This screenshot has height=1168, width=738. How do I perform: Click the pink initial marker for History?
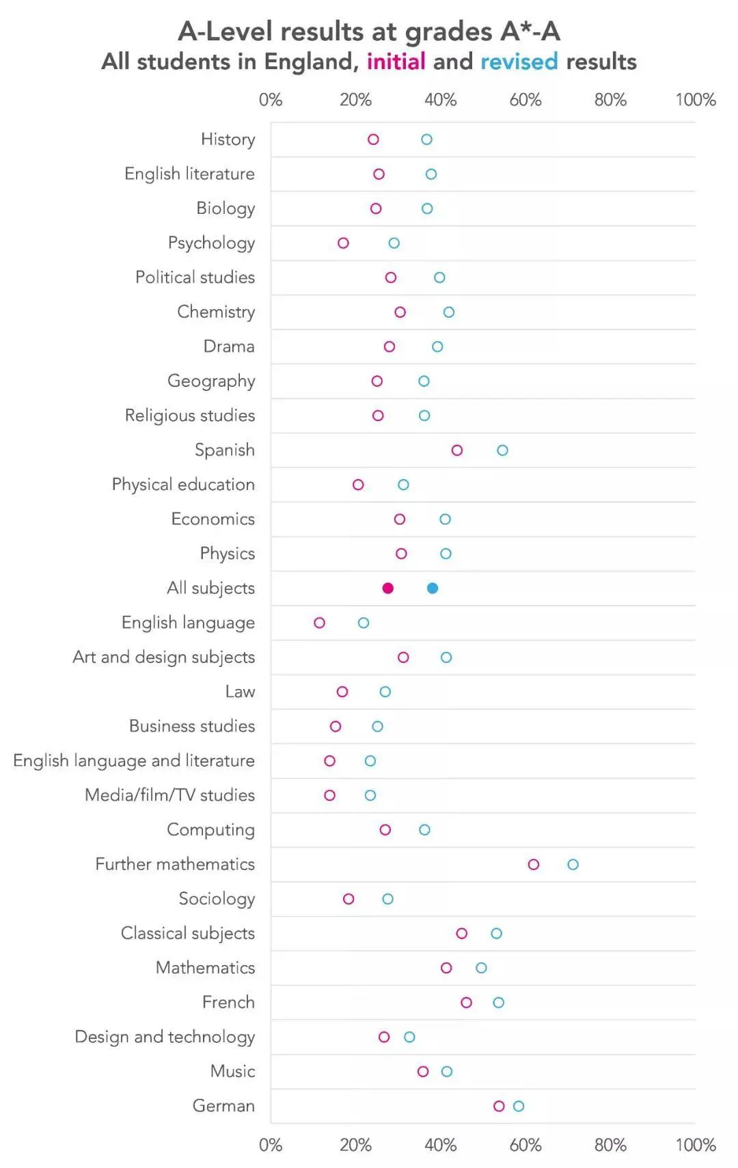pos(373,139)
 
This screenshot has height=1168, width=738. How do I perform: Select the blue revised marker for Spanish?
pos(502,450)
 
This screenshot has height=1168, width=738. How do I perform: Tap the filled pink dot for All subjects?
pos(388,588)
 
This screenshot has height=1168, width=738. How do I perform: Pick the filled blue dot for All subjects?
pos(433,588)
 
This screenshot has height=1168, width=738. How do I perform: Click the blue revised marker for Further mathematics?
pos(573,865)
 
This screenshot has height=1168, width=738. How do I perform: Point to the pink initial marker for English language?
pos(319,623)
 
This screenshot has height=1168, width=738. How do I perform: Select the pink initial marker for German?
pos(499,1106)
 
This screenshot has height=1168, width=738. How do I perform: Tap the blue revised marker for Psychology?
pos(394,243)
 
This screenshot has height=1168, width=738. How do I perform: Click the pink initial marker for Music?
pos(423,1072)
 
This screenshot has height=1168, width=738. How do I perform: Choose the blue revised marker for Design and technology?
pos(409,1037)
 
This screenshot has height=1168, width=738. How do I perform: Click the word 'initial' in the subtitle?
pos(396,62)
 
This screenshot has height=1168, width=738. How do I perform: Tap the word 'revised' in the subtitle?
pos(519,62)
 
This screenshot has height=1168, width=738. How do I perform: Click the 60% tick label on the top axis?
pos(525,100)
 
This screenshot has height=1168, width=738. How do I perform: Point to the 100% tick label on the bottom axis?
pos(696,1145)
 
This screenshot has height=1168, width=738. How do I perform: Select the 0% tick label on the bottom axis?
pos(271,1145)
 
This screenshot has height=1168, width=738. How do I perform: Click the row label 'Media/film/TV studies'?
pos(169,795)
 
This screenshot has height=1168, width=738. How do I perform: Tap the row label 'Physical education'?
pos(183,485)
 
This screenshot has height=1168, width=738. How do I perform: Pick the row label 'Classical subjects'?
pos(187,933)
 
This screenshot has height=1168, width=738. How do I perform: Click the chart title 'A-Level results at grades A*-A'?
pos(369,31)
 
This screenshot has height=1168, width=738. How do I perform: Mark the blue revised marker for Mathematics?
pos(481,968)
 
